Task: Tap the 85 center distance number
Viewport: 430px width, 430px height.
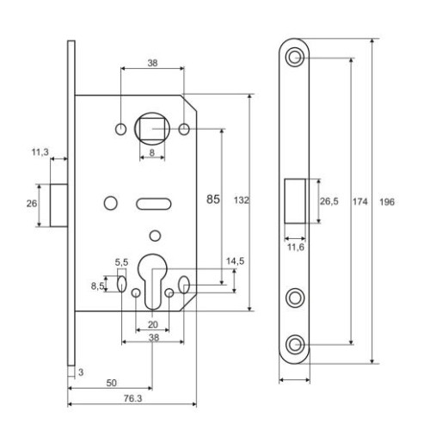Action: (x=212, y=199)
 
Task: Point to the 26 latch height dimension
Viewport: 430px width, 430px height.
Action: (x=30, y=204)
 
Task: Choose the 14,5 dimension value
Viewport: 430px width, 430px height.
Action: (x=211, y=260)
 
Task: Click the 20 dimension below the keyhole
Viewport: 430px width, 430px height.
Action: (x=152, y=324)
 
